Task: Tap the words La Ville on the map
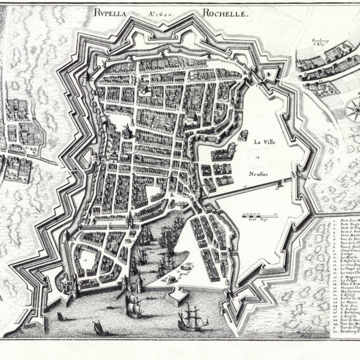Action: [x=264, y=141]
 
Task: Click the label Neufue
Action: [x=258, y=174]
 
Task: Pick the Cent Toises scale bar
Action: [x=259, y=216]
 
